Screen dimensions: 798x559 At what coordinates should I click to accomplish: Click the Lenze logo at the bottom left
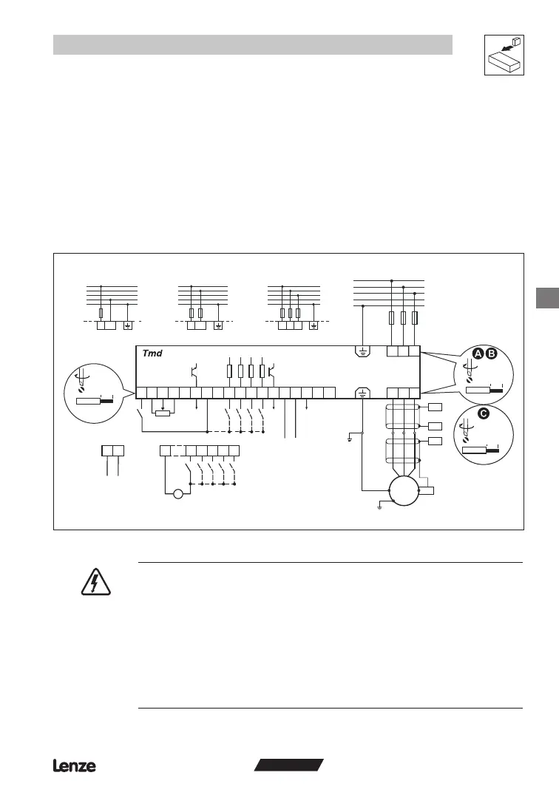74,766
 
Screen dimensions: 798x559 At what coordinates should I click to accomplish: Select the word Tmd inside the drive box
152,354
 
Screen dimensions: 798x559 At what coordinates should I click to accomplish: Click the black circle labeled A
478,354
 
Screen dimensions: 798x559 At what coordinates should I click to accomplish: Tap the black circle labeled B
492,354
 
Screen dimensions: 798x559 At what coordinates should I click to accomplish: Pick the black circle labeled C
483,414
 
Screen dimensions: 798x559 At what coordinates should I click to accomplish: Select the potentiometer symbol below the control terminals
163,413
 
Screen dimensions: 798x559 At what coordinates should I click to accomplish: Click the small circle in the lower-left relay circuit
177,495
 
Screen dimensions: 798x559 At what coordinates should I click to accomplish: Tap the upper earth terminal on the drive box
362,351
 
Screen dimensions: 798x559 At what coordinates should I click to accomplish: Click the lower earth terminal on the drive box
362,393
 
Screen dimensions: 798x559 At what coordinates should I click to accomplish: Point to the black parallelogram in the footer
288,765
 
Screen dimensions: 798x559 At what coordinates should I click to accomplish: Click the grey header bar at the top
252,44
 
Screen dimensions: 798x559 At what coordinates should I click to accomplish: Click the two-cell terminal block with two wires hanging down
112,450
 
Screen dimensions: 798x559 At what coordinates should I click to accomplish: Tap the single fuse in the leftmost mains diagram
101,313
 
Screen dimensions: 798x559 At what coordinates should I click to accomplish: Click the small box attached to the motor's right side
427,490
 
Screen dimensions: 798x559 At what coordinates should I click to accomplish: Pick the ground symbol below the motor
379,506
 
